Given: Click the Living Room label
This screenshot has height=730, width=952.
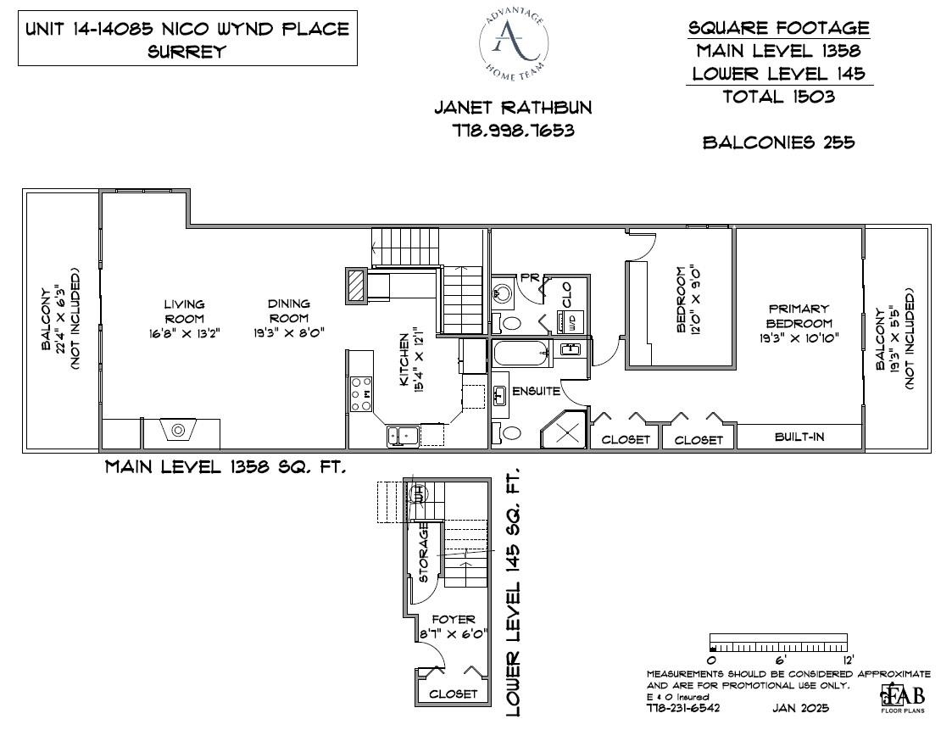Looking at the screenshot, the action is (185, 311).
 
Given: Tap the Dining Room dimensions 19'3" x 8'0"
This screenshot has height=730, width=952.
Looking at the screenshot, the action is (289, 333).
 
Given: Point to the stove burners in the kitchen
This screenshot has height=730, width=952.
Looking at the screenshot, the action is (361, 394).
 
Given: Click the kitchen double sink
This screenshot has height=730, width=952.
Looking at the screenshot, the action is (403, 436).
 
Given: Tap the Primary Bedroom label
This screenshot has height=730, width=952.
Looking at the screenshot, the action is (799, 315).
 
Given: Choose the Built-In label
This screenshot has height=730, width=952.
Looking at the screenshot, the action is (799, 437).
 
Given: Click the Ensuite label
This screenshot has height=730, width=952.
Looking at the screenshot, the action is (536, 391).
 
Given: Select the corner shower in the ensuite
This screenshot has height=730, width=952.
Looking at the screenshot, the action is (564, 430).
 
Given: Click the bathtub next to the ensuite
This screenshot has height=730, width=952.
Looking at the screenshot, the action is (521, 353).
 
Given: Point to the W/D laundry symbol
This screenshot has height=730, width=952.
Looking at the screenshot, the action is (571, 321).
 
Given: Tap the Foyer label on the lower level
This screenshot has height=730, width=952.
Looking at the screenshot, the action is (454, 620).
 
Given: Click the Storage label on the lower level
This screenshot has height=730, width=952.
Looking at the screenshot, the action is (424, 553).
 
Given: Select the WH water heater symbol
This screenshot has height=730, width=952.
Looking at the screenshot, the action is (419, 493).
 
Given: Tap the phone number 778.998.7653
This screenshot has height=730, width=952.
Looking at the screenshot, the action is (513, 131).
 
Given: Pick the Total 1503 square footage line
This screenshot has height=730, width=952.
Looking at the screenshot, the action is (779, 97).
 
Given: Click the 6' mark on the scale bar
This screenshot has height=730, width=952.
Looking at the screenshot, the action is (780, 660).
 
